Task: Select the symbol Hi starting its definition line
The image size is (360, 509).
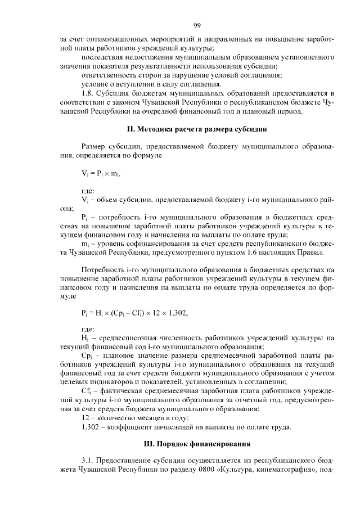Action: [85, 338]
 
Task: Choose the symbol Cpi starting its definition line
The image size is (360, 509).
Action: [87, 357]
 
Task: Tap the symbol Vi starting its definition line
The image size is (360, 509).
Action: [85, 199]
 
